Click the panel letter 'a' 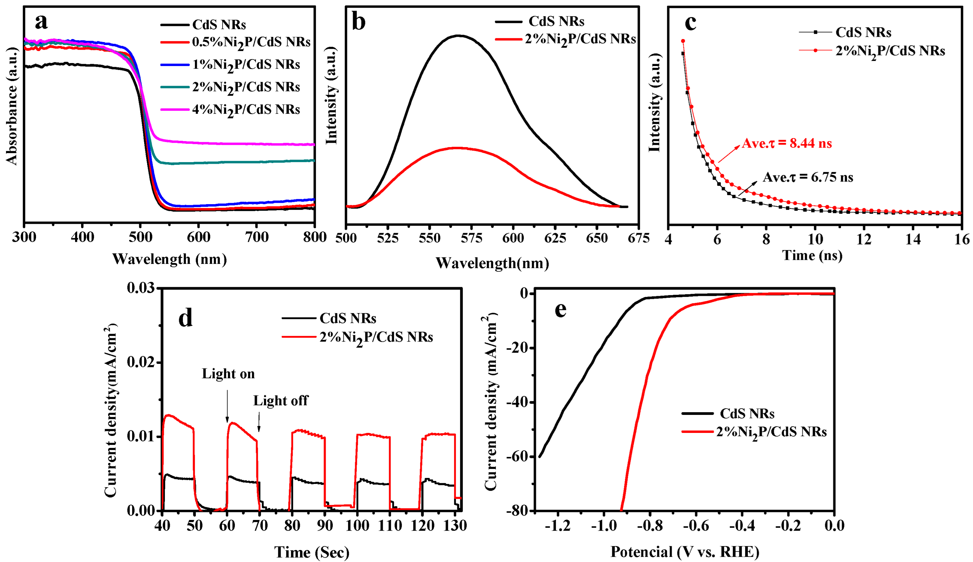point(41,22)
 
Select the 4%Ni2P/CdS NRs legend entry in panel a point(246,110)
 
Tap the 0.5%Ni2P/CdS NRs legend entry point(251,42)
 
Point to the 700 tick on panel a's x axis point(258,236)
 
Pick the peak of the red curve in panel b point(457,147)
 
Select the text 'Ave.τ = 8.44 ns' point(787,144)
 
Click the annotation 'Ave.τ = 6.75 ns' point(808,177)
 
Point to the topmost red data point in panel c point(683,41)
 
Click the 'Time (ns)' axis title point(812,255)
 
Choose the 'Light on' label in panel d point(228,374)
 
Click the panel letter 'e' point(560,309)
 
